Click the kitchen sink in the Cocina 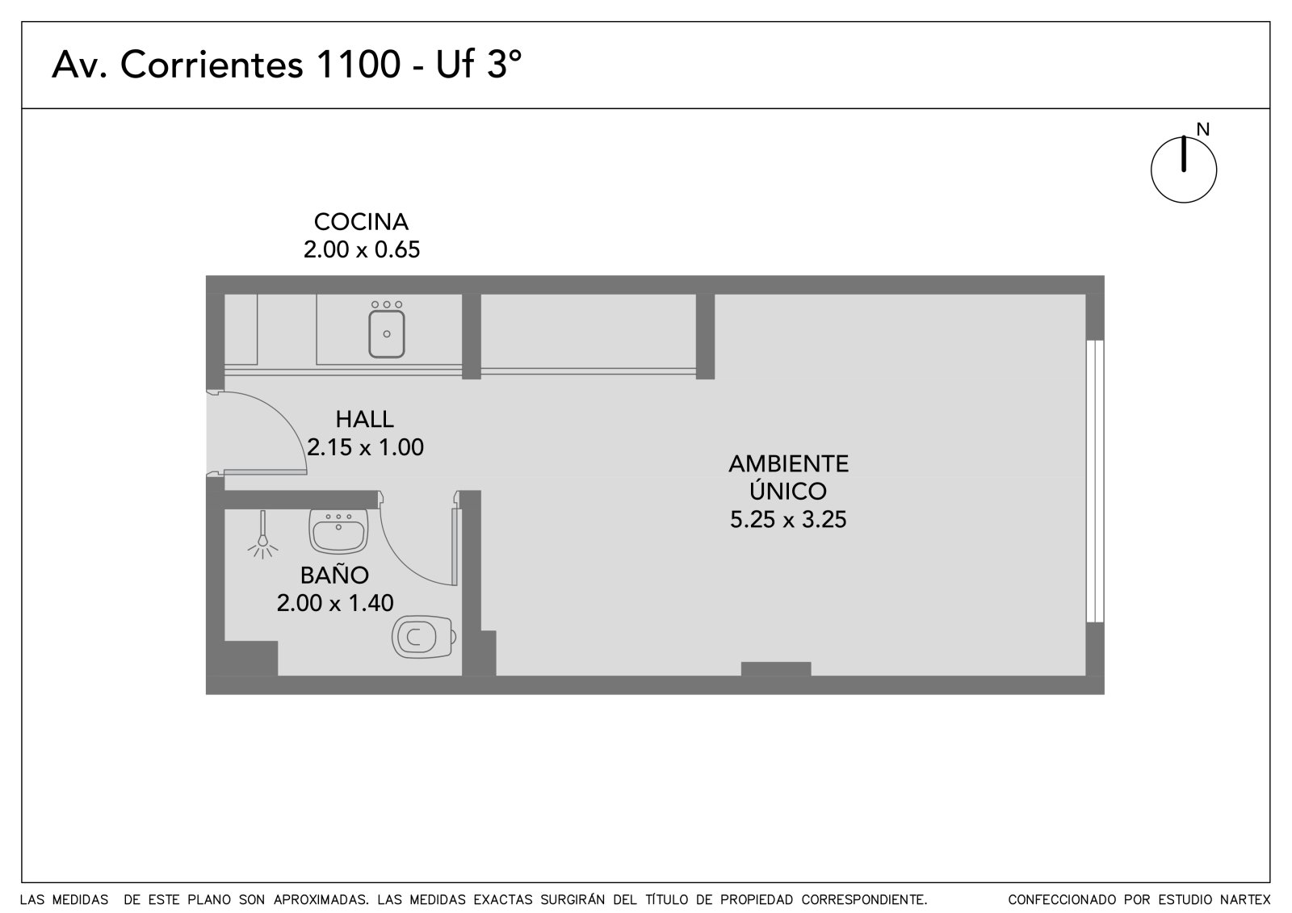(387, 333)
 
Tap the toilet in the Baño (424, 637)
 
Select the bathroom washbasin (338, 531)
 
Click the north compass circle (1184, 170)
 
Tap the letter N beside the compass (1202, 130)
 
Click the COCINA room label (361, 222)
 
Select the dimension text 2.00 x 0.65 (362, 249)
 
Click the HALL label (364, 419)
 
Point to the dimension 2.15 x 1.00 (365, 447)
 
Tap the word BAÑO (334, 574)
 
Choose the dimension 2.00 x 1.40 (335, 603)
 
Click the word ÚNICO (788, 490)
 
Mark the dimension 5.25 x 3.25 (788, 519)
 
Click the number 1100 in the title (359, 64)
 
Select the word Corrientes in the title (212, 64)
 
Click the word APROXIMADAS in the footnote (320, 899)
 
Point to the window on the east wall (1095, 482)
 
